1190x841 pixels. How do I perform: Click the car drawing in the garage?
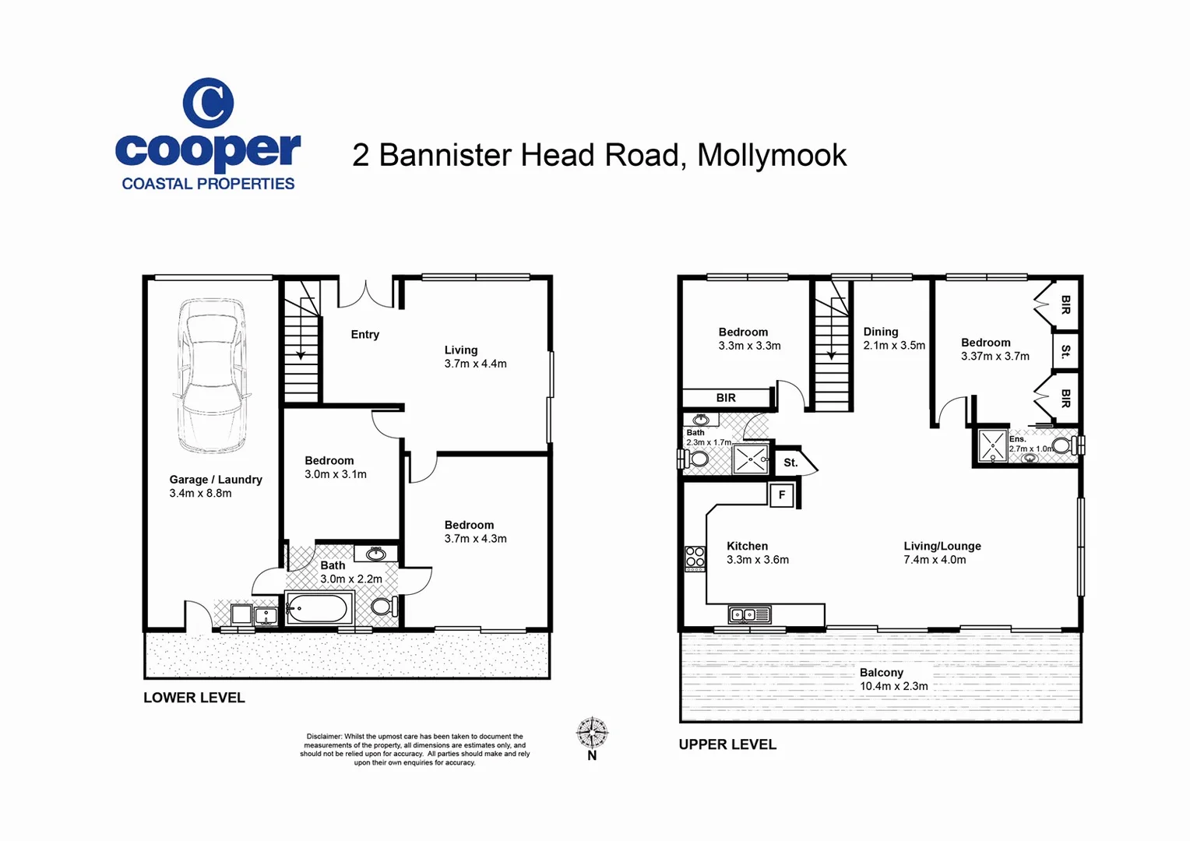tap(212, 375)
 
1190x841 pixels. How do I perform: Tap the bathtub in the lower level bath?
tap(319, 607)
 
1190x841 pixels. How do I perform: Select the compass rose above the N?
tap(592, 732)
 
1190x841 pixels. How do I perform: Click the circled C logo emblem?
tap(208, 103)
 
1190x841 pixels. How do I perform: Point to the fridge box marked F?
tap(781, 495)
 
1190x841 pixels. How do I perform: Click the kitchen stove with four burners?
tap(695, 558)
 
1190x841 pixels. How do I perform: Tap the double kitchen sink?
tap(749, 614)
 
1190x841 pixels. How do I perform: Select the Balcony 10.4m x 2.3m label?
tap(893, 679)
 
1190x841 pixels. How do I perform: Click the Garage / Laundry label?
tap(216, 480)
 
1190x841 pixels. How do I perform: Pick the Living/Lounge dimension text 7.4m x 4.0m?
tap(935, 559)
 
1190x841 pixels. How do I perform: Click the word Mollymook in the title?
tap(771, 156)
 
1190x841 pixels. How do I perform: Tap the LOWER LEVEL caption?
tap(194, 698)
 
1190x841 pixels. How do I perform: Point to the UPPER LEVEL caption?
tap(727, 744)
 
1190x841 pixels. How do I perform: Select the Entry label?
tap(365, 335)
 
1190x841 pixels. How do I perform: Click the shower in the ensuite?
tap(992, 445)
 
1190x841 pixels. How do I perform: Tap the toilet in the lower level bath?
tap(384, 606)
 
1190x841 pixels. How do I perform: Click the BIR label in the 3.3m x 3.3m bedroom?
tap(726, 397)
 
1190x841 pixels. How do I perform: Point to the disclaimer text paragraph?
tap(414, 749)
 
